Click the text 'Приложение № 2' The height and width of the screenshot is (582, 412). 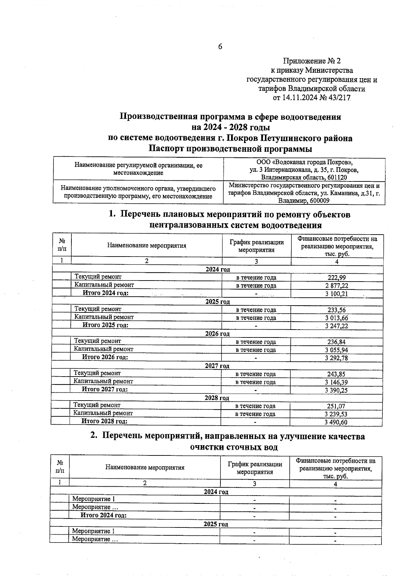click(x=312, y=61)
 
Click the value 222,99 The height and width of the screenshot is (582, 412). click(x=336, y=278)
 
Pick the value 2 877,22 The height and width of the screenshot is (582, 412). click(x=336, y=286)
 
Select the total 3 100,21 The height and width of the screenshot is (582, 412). click(x=336, y=294)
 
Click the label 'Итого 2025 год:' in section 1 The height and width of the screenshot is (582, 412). click(x=105, y=325)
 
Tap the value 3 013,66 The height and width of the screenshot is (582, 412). click(x=336, y=318)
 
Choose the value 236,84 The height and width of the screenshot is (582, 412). click(x=336, y=342)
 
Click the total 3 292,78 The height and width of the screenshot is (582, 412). click(x=336, y=358)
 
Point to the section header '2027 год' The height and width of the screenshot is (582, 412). click(x=217, y=366)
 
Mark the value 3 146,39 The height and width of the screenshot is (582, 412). click(x=336, y=382)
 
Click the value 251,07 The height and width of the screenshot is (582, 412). click(x=336, y=406)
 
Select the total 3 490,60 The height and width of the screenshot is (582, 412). click(x=336, y=422)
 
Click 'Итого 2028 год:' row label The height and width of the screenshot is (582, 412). click(x=104, y=421)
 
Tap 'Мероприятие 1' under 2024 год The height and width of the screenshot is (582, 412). click(x=93, y=499)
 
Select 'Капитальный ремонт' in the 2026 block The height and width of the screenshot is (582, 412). click(x=103, y=349)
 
